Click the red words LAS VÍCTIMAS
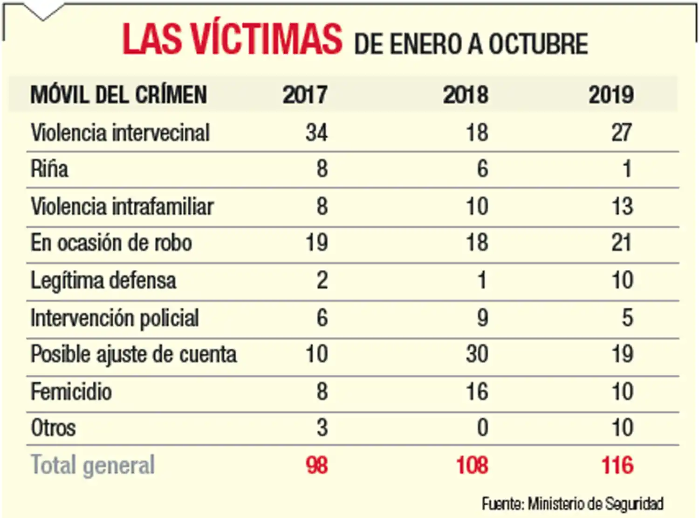pos(232,39)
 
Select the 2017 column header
pos(305,95)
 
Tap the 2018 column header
pos(466,95)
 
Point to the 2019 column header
pos(611,95)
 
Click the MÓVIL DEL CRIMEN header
pos(118,95)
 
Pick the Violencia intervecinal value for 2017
pos(317,133)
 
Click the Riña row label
pos(49,169)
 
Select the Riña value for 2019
pos(627,169)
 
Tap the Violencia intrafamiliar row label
pos(122,206)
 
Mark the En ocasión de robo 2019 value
pos(622,243)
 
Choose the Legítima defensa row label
pos(103,280)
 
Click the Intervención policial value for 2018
pos(482,318)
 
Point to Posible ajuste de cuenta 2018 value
pos(477,354)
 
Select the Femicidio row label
pos(71,392)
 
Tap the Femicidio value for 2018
pos(477,392)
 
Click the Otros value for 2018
pos(482,428)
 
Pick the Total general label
pos(93,465)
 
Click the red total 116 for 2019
pos(617,465)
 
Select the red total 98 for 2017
pos(317,465)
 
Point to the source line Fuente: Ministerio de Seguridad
pos(573,504)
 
